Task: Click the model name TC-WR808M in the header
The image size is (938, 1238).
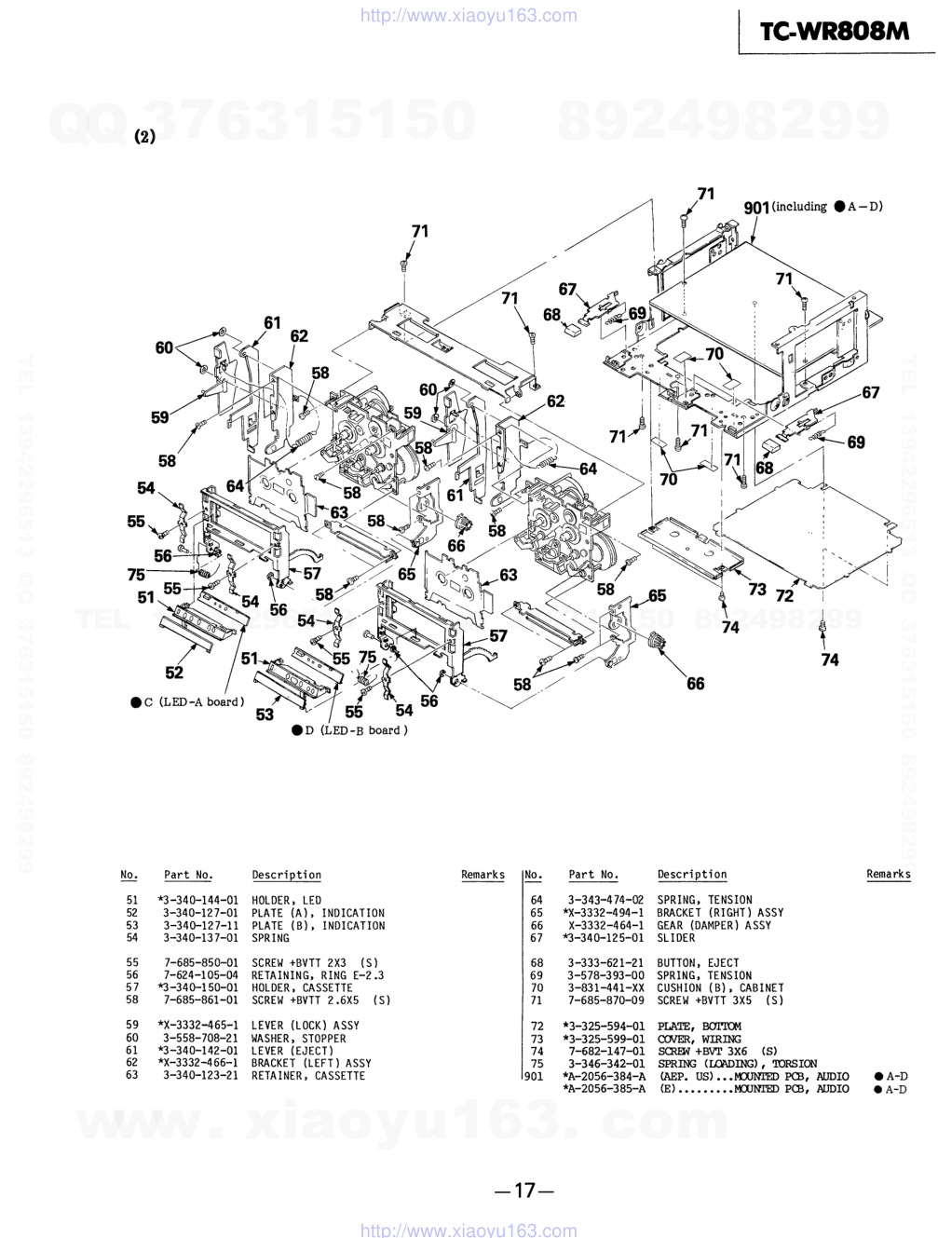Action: (834, 32)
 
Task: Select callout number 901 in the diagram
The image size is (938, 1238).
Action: (756, 208)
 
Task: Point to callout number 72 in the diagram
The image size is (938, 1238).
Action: (785, 595)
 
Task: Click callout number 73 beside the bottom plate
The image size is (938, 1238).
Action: (757, 589)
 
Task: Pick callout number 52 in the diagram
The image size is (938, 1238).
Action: (174, 673)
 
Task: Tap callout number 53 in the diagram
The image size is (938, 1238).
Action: (265, 714)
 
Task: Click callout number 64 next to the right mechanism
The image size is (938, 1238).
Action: (588, 469)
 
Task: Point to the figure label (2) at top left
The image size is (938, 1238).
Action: (144, 136)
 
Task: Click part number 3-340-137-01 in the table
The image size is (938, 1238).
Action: (200, 938)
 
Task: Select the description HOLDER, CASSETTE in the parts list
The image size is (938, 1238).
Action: (302, 987)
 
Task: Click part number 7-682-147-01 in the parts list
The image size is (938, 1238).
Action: (605, 1051)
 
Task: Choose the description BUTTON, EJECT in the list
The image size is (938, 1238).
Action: (698, 962)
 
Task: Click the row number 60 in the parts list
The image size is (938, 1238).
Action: (132, 1038)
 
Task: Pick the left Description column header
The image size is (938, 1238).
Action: (286, 875)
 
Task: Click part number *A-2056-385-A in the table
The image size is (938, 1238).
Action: (604, 1088)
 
